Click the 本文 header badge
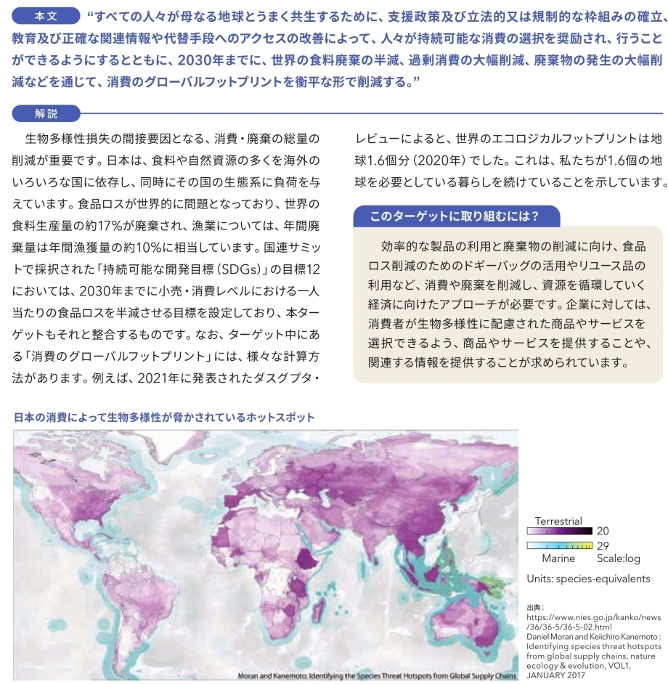click(x=46, y=15)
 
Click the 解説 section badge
click(x=46, y=113)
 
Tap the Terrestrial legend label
click(x=558, y=521)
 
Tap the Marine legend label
click(x=558, y=558)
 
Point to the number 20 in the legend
click(x=603, y=532)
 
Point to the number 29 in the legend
click(x=603, y=545)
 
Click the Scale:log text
click(x=619, y=558)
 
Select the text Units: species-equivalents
click(x=588, y=579)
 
